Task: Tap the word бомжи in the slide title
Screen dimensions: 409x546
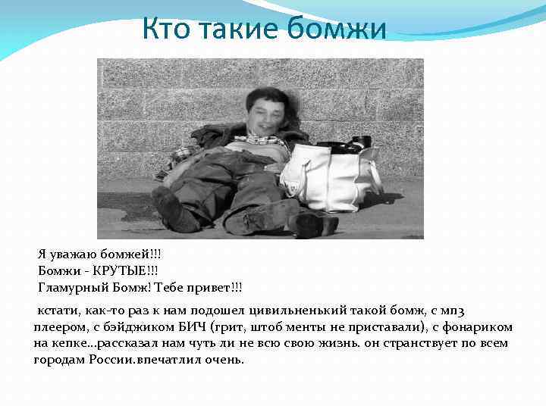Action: coord(344,30)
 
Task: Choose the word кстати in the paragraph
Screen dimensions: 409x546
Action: coord(56,311)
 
